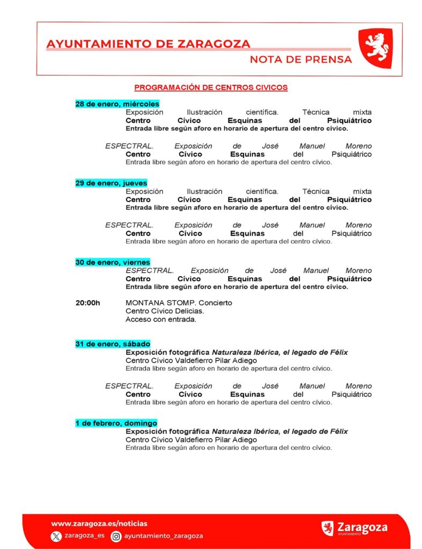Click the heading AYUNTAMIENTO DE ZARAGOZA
point(149,44)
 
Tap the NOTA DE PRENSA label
point(301,60)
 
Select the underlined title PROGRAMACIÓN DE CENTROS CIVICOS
point(211,87)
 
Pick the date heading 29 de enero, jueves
point(111,183)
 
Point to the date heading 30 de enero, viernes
point(113,262)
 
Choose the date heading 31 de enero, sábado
point(113,344)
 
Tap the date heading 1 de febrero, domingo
point(116,423)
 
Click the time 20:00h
point(87,303)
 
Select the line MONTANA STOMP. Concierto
point(179,303)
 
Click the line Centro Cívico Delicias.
point(165,311)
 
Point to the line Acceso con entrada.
point(161,320)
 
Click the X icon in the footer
point(56,536)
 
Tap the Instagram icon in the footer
point(116,536)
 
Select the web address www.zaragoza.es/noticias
point(99,523)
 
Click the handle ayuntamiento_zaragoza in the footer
point(163,536)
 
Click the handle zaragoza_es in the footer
point(84,536)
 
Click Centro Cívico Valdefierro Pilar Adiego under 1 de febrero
point(191,440)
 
